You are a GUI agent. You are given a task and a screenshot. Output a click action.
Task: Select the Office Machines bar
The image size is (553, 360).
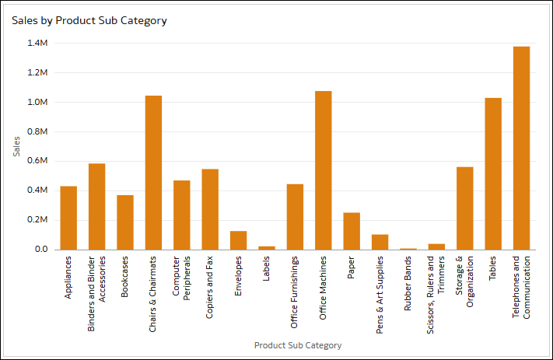coord(323,170)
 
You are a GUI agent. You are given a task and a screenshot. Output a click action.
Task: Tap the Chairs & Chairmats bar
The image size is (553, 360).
coord(153,173)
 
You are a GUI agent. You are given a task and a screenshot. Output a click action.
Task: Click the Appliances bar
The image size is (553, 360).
coord(68,218)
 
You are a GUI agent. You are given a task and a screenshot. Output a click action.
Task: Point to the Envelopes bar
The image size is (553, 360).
coord(238,240)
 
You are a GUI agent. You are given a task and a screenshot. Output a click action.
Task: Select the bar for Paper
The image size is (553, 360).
coord(352,231)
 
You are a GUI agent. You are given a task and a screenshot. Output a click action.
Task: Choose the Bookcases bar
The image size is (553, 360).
coord(125,222)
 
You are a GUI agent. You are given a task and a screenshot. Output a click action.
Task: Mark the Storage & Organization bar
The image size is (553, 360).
coord(465,208)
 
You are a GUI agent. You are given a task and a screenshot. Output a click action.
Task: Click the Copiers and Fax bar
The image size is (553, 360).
coord(210,209)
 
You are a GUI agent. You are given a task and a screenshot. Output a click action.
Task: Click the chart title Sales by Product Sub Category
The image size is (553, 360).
coord(89,21)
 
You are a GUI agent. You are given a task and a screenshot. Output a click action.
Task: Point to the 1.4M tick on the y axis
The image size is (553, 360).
coord(37,44)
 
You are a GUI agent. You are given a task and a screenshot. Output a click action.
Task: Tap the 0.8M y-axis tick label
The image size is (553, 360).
coord(37,131)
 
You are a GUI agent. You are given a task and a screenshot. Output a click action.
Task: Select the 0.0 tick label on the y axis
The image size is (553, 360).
coord(40,250)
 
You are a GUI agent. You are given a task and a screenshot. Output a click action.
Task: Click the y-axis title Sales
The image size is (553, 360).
coord(17,145)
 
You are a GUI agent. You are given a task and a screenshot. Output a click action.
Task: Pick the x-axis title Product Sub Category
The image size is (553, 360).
coord(298,345)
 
